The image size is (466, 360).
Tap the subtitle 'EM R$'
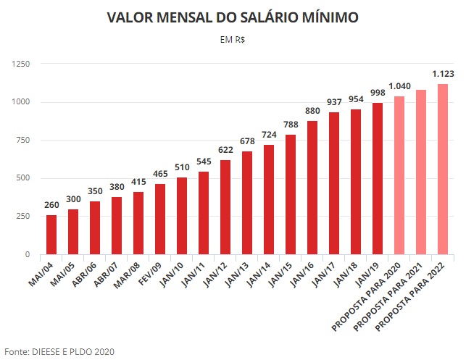(232, 39)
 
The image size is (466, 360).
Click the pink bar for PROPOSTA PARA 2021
(421, 172)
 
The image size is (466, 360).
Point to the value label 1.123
(443, 74)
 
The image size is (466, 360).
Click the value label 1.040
(399, 86)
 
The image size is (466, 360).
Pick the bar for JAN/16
(312, 188)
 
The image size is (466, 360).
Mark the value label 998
(378, 93)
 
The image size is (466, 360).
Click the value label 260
(51, 205)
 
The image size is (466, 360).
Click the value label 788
(291, 125)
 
